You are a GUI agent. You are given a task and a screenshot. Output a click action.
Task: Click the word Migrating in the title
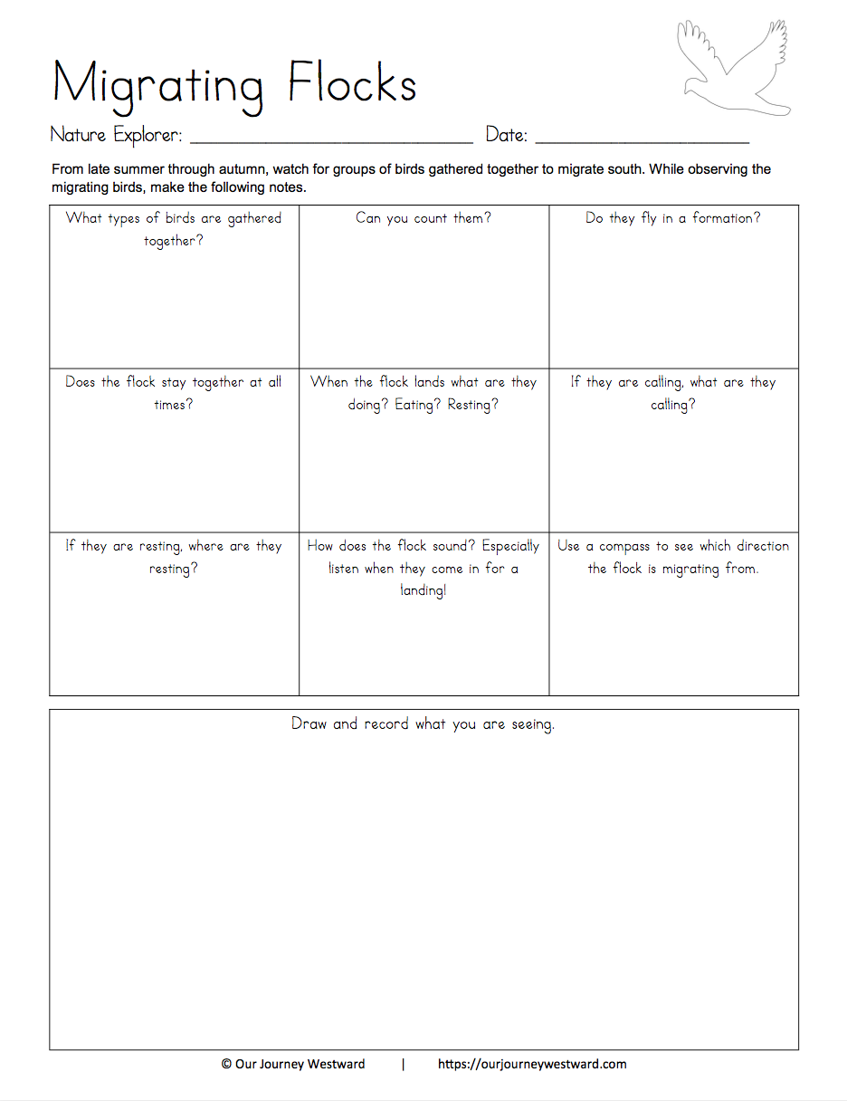pos(158,84)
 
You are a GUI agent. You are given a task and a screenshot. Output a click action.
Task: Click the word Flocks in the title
pos(352,84)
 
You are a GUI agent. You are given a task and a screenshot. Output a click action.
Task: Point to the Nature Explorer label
pos(116,135)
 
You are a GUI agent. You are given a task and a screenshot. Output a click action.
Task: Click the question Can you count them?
pos(423,218)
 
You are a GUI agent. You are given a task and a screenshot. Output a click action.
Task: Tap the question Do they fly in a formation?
pos(673,218)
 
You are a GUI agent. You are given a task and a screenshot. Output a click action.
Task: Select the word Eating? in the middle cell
pos(419,405)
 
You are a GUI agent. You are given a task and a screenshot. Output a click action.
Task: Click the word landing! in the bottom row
pos(423,591)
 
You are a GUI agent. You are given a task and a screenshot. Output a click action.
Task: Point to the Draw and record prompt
pos(423,724)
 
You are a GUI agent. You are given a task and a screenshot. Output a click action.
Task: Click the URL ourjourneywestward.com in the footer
pos(532,1065)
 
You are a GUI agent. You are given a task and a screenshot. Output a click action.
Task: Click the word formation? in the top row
pos(727,218)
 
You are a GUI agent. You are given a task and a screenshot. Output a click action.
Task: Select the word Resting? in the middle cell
pos(473,405)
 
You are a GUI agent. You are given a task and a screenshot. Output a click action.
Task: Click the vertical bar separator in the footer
pos(404,1065)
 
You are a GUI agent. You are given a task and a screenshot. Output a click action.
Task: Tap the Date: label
pos(507,135)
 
